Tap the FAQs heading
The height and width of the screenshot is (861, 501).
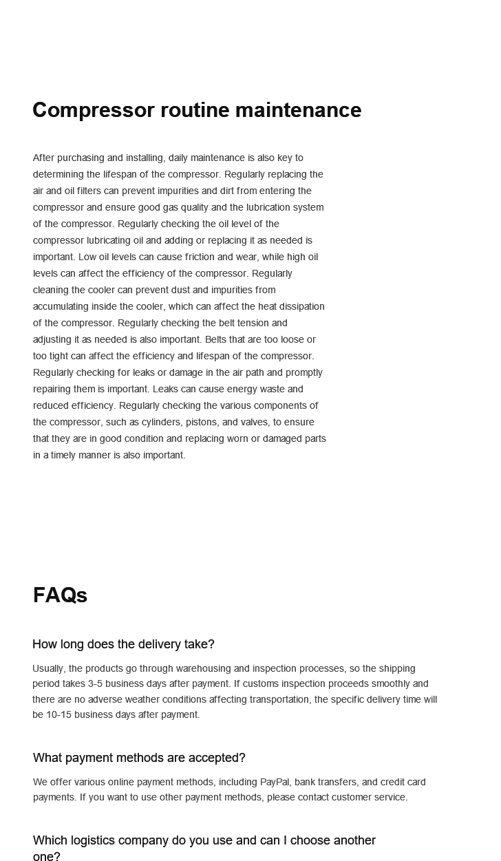(60, 595)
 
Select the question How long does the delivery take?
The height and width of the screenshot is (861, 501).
(123, 644)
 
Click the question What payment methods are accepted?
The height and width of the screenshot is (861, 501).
(139, 758)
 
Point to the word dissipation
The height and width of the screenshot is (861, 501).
(299, 306)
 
